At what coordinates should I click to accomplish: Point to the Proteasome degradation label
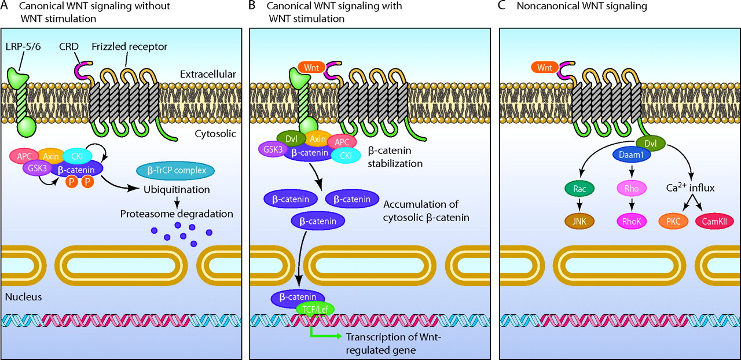[x=177, y=214]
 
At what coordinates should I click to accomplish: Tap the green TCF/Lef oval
[x=314, y=309]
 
